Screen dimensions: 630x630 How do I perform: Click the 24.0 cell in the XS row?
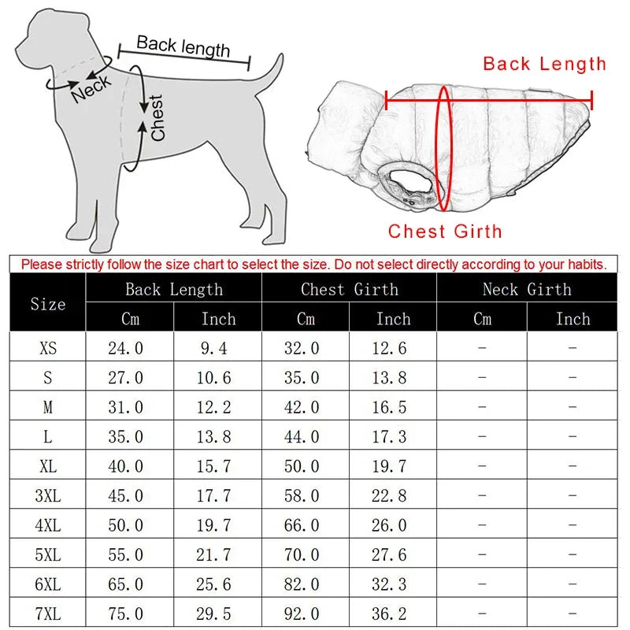pos(126,348)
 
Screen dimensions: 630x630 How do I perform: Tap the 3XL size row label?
pos(48,495)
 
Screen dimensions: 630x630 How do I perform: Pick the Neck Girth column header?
pos(527,290)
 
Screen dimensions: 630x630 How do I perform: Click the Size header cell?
pos(48,304)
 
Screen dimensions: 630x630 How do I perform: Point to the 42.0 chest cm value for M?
pos(302,407)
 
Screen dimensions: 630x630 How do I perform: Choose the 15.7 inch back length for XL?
pos(213,466)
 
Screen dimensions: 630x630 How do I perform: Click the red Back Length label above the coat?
pos(544,64)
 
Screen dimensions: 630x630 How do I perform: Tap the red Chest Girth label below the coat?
pos(444,232)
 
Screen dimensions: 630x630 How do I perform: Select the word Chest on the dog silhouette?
pos(157,117)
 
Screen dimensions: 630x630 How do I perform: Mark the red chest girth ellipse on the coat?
pos(444,150)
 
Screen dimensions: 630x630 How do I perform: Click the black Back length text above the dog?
pos(183,46)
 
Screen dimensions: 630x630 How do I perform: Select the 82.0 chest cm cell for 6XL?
pos(302,584)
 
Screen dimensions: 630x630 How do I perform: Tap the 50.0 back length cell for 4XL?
pos(126,525)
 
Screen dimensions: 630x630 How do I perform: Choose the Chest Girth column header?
pos(349,290)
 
